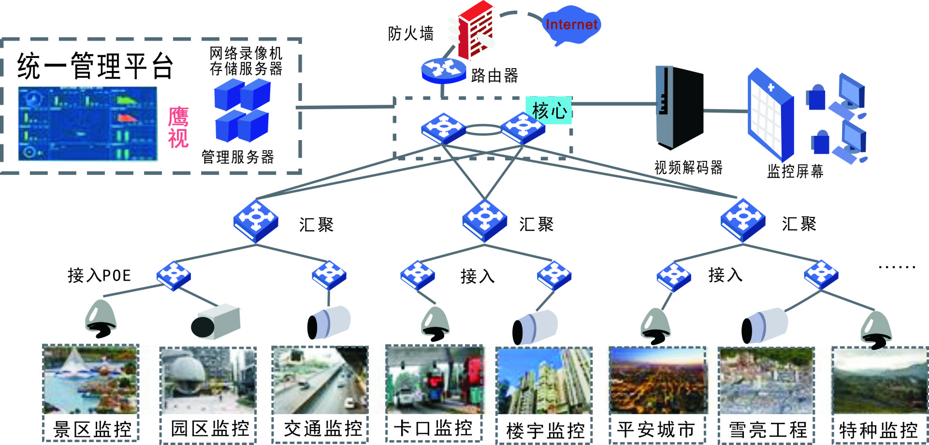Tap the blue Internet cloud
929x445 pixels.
pos(571,24)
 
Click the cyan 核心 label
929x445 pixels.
pos(549,111)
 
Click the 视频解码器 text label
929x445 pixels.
pos(688,168)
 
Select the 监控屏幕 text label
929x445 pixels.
pos(795,171)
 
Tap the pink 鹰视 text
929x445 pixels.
pos(178,128)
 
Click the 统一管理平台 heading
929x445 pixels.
pos(95,66)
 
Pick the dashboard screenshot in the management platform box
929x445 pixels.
pos(87,124)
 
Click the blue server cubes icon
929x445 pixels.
pos(242,110)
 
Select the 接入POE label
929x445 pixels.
pos(100,275)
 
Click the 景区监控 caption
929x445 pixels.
pos(92,429)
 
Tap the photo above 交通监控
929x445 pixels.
pos(320,380)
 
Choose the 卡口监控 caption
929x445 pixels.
pos(433,428)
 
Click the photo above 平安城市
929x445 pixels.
pos(657,381)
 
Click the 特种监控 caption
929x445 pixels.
pos(878,430)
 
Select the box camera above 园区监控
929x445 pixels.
pos(216,322)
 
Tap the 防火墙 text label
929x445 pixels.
pos(411,34)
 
